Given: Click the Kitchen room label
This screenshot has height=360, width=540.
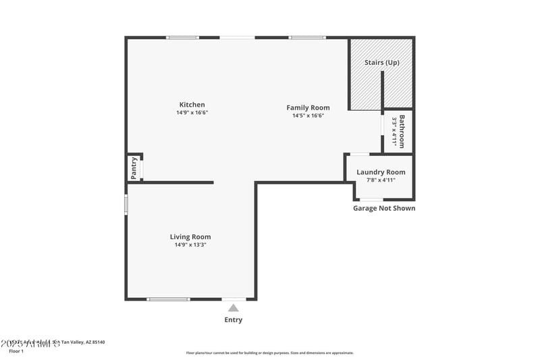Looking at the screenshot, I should pos(192,105).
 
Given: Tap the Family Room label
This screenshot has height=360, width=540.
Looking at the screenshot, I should pos(308,107).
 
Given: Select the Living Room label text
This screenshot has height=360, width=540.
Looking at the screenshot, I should pos(190,236).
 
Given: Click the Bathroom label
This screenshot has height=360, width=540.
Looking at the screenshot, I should pos(402,131).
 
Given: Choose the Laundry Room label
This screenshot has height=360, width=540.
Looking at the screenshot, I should pos(381,172).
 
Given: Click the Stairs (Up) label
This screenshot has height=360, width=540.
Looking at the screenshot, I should pos(382,62).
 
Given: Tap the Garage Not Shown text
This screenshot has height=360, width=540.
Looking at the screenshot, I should pos(384,208).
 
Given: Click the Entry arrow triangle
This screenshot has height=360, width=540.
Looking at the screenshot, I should pos(233,308).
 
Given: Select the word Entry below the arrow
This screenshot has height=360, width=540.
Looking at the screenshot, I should pos(233,319).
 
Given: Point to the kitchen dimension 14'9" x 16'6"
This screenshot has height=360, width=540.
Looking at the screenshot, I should pos(192,113).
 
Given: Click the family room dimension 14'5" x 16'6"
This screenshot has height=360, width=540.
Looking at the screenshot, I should pos(308,115).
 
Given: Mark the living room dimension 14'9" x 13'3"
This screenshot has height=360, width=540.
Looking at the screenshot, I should pos(190,245).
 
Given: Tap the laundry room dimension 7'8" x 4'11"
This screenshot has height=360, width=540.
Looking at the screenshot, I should pos(381,180).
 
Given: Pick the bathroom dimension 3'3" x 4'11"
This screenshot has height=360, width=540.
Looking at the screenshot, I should pos(394,131).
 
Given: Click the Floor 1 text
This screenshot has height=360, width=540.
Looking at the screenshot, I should pos(16,351).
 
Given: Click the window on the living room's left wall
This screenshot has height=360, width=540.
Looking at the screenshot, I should pos(126,205).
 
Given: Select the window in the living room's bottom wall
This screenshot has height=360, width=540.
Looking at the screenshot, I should pos(169,299).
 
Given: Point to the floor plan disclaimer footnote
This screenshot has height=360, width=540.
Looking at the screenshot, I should pos(270,353).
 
